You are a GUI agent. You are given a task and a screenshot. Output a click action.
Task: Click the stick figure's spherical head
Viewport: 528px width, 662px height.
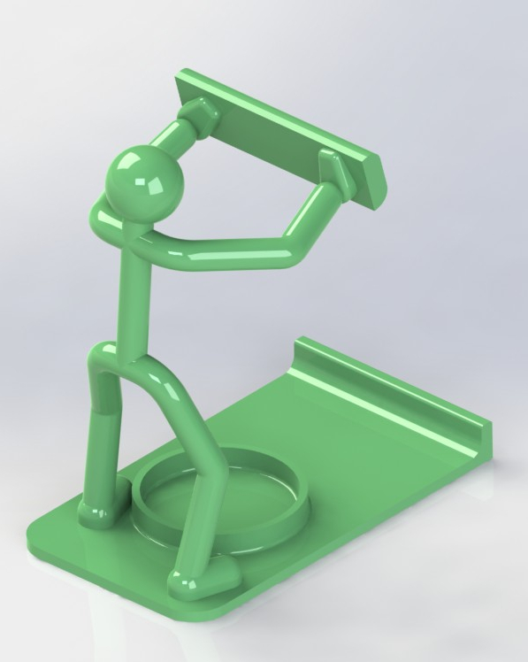[x=144, y=181]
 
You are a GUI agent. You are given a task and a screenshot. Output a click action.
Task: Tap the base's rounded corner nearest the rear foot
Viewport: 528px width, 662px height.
[x=40, y=531]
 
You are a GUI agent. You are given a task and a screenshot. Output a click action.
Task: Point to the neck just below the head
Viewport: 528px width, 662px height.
[x=133, y=221]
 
